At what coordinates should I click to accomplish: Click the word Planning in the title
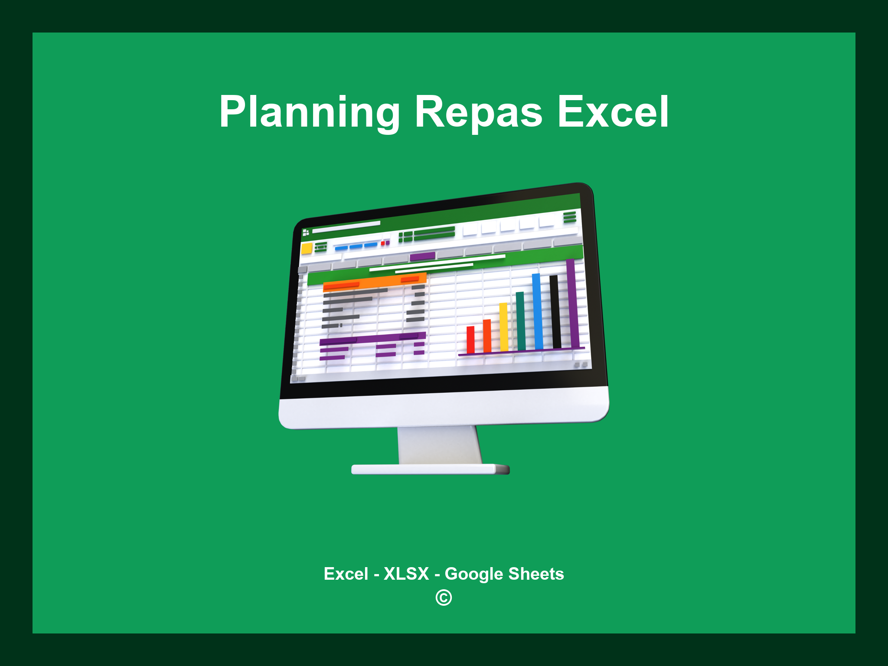pyautogui.click(x=309, y=112)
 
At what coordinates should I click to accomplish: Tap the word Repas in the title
pyautogui.click(x=478, y=112)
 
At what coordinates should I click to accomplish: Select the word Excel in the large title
pyautogui.click(x=613, y=112)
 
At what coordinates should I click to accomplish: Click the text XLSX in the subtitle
pyautogui.click(x=406, y=574)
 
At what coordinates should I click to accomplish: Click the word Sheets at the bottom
pyautogui.click(x=536, y=574)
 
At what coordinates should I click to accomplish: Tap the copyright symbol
pyautogui.click(x=444, y=598)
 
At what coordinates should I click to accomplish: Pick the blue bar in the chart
pyautogui.click(x=538, y=311)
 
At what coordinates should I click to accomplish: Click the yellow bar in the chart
pyautogui.click(x=504, y=327)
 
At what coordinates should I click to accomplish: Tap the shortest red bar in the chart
pyautogui.click(x=470, y=340)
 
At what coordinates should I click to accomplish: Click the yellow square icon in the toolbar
pyautogui.click(x=307, y=248)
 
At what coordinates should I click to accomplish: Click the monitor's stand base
pyautogui.click(x=430, y=469)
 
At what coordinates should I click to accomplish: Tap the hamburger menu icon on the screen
pyautogui.click(x=570, y=217)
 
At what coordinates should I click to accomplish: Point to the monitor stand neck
pyautogui.click(x=439, y=444)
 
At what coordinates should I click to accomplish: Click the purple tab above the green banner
pyautogui.click(x=422, y=256)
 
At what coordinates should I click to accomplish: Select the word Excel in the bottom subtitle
pyautogui.click(x=346, y=574)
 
